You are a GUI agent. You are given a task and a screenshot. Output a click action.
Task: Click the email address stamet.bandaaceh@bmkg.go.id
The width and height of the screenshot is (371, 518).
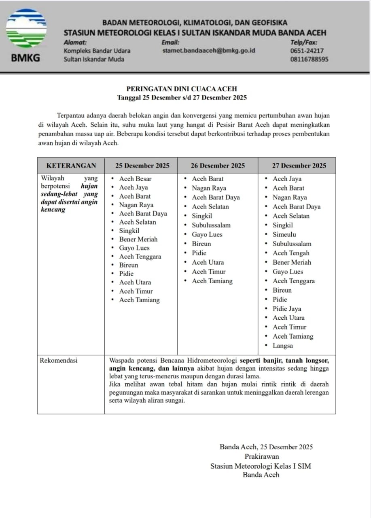(x=208, y=51)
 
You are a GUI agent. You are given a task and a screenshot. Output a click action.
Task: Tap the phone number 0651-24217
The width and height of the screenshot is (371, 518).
(x=307, y=51)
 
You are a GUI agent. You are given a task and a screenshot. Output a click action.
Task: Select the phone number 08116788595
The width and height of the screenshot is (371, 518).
(x=309, y=59)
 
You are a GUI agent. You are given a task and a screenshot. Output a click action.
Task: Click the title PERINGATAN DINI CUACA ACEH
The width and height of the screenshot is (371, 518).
(x=182, y=89)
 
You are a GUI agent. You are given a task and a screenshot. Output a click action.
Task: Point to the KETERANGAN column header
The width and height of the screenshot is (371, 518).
(x=71, y=166)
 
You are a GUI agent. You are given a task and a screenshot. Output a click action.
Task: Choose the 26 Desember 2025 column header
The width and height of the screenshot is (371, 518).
(x=218, y=166)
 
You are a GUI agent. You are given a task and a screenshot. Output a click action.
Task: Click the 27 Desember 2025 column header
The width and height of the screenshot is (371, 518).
(x=299, y=166)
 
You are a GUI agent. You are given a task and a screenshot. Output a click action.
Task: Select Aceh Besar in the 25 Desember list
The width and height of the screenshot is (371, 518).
(x=135, y=178)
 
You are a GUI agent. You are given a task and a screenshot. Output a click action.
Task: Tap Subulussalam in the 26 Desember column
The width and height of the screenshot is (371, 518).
(x=211, y=225)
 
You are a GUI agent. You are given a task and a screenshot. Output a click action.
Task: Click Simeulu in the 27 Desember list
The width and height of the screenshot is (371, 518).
(x=284, y=234)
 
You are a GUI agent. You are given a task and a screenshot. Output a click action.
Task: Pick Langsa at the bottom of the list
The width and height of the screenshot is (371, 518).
(x=283, y=346)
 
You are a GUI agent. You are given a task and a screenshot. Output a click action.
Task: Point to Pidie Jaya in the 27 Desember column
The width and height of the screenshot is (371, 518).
(x=287, y=309)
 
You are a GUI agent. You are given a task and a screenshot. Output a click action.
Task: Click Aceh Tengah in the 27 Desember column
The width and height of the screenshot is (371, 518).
(x=291, y=253)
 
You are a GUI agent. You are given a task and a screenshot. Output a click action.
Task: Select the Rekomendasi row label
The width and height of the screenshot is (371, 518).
(x=59, y=360)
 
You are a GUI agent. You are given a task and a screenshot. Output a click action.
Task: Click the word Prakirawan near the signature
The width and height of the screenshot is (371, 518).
(x=261, y=456)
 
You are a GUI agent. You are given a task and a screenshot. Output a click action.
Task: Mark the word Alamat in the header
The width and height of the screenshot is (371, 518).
(x=75, y=42)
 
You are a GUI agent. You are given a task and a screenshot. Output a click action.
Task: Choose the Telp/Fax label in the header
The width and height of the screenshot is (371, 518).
(x=304, y=42)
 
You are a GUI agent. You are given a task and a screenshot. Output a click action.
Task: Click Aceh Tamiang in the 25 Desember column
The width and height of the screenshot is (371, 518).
(x=139, y=300)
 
